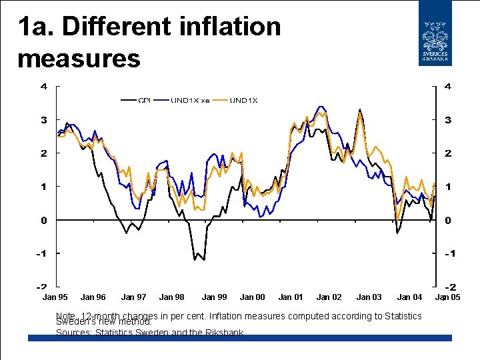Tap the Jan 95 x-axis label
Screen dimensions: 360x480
pyautogui.click(x=55, y=297)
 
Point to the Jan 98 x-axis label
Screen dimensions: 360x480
pyautogui.click(x=172, y=297)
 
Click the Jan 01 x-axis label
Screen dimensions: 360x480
pyautogui.click(x=291, y=297)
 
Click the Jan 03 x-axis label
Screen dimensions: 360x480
pyautogui.click(x=369, y=297)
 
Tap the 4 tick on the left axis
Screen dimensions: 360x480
pyautogui.click(x=43, y=87)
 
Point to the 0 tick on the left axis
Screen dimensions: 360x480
pyautogui.click(x=43, y=220)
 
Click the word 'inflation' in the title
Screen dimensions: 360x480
pyautogui.click(x=231, y=27)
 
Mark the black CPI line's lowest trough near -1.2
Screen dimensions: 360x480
pyautogui.click(x=195, y=259)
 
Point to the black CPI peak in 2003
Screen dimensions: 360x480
pyautogui.click(x=360, y=109)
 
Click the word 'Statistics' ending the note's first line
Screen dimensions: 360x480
pyautogui.click(x=403, y=315)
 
